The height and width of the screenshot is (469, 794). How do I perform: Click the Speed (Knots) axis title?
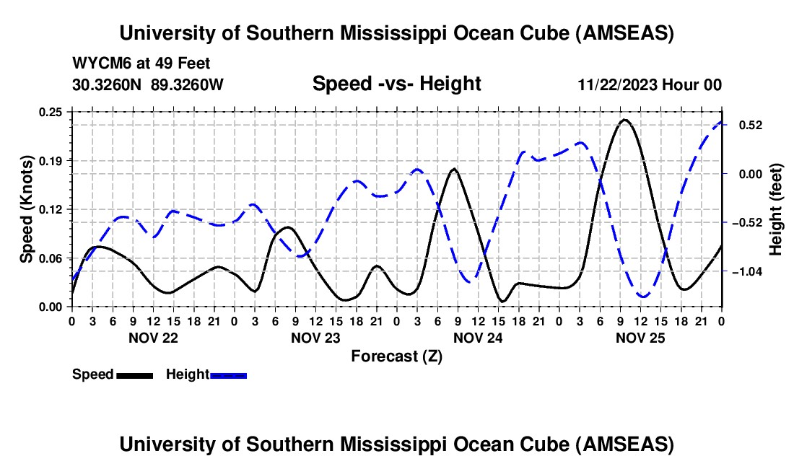[x=26, y=209]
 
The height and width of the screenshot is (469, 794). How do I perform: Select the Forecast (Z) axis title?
[x=396, y=356]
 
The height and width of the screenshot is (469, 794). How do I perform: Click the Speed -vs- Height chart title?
[x=396, y=84]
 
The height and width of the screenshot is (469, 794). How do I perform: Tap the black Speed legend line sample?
[x=134, y=374]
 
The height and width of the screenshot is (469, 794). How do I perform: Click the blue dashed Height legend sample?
[x=228, y=374]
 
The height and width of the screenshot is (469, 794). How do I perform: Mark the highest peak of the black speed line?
[x=624, y=120]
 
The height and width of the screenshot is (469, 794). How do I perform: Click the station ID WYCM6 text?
[x=98, y=64]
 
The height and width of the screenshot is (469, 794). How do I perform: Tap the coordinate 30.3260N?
[x=108, y=84]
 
